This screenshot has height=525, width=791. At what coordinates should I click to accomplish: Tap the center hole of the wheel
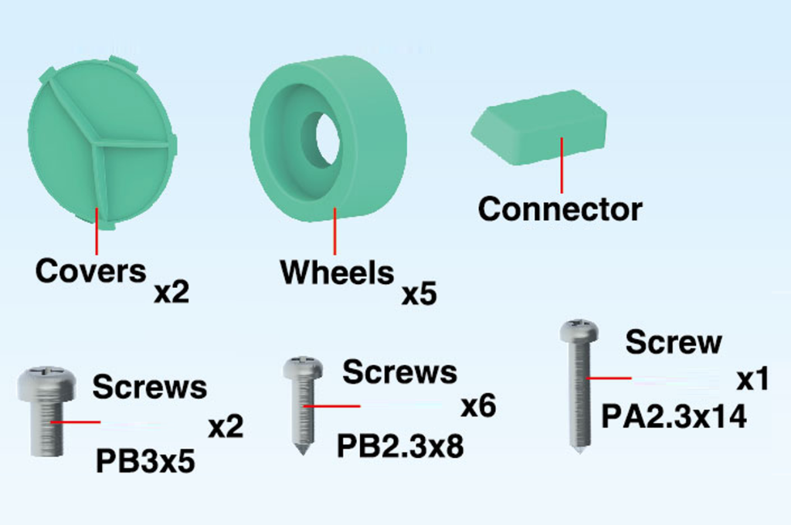click(x=327, y=139)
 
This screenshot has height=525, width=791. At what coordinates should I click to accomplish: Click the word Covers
click(x=91, y=271)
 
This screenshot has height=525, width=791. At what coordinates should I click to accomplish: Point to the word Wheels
click(x=337, y=273)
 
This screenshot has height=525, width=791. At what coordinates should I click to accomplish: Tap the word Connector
click(x=560, y=208)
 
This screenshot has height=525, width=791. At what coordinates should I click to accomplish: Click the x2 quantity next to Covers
click(x=171, y=293)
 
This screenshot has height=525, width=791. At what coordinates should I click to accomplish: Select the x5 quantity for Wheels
click(x=419, y=294)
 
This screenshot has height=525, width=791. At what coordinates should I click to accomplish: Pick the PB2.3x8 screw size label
click(x=400, y=446)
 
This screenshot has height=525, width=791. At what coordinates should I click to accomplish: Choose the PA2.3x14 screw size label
click(x=674, y=417)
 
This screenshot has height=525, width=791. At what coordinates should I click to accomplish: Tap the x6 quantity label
click(x=478, y=406)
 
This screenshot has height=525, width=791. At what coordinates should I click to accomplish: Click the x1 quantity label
click(x=752, y=379)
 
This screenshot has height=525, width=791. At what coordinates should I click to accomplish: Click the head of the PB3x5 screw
click(x=47, y=382)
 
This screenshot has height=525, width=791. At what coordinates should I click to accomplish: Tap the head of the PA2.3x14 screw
click(x=579, y=330)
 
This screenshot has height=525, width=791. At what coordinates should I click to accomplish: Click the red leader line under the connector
click(x=562, y=165)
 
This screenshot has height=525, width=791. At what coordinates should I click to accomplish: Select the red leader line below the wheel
click(x=334, y=231)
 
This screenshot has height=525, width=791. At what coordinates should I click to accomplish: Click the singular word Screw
click(x=674, y=343)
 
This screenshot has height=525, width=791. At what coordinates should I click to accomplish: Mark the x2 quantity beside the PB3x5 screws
click(x=226, y=427)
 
